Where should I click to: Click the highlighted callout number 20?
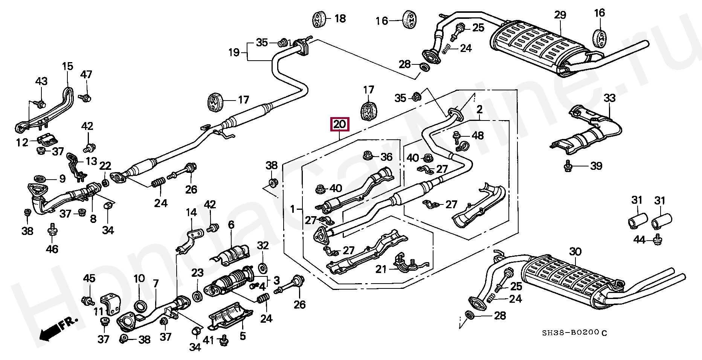coord(339,125)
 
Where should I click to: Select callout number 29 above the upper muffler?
coord(560,15)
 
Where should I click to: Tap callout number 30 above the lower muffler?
coord(575,252)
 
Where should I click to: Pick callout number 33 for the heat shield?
coord(609,99)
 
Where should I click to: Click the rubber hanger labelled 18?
coord(320,19)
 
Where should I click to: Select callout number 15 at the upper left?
coord(67,67)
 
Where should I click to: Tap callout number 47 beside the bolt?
coord(86,74)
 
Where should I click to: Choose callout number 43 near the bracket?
coord(41,81)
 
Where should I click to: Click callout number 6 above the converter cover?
coord(231,225)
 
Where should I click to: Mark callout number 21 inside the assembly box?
coord(381,269)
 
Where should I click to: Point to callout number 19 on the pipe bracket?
coord(234,52)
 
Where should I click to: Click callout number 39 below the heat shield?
coord(596,166)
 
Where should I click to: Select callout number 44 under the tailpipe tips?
coord(639,239)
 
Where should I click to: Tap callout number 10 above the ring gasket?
coord(139,279)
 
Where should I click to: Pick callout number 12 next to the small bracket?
coord(22,142)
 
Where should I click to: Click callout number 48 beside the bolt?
coord(478,135)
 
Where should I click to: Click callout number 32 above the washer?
coord(263,246)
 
